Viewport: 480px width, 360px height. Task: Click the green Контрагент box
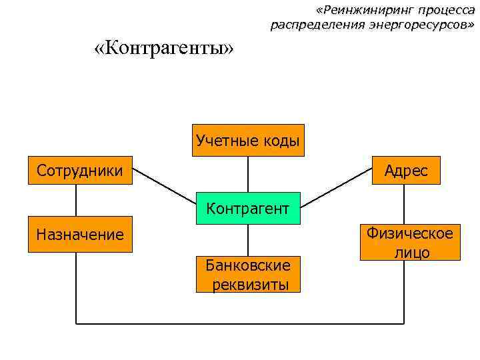pos(247,208)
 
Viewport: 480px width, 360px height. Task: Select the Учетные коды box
pos(248,140)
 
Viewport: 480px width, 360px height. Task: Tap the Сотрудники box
pos(80,171)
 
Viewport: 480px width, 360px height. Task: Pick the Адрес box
pos(406,171)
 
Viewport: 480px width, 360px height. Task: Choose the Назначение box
pos(80,234)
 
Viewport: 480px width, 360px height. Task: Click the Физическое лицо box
pos(410,242)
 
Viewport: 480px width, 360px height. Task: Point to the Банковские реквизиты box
pos(248,275)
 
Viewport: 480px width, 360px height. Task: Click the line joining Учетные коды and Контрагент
pos(248,174)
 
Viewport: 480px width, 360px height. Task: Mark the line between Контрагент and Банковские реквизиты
pos(248,240)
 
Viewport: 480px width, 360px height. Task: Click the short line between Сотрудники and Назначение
pos(76,200)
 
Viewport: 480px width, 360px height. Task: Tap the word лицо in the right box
pos(411,252)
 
